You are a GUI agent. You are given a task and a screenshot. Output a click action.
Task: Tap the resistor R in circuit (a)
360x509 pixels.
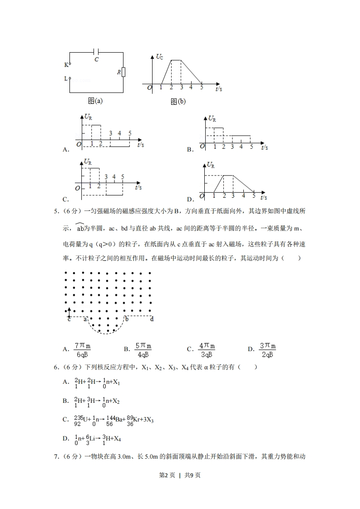[x=123, y=72]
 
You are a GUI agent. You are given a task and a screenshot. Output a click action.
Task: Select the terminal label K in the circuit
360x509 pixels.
[x=66, y=64]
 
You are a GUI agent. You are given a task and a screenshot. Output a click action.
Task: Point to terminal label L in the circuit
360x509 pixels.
[x=66, y=78]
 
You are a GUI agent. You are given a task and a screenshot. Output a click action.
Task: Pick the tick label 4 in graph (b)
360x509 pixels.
[x=191, y=88]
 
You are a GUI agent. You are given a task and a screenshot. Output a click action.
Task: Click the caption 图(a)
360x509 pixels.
[x=95, y=101]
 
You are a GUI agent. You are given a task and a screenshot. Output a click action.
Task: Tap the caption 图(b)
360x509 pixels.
[x=178, y=102]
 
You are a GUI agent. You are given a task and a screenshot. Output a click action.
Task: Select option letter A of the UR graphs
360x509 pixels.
[x=66, y=149]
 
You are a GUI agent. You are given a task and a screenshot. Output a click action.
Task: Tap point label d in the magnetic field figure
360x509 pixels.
[x=152, y=319]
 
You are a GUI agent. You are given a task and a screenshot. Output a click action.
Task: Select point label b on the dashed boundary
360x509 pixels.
[x=127, y=319]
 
